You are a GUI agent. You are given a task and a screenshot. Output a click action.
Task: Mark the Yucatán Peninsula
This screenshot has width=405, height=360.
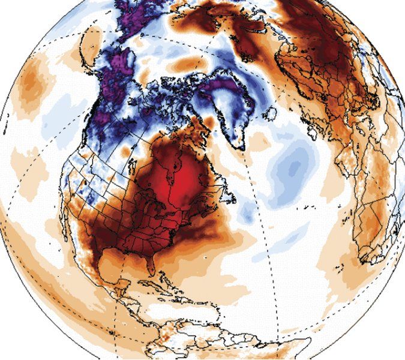[x=123, y=294]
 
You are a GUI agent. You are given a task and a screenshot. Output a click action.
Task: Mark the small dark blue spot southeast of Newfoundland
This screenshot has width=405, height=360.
[x=245, y=213]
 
